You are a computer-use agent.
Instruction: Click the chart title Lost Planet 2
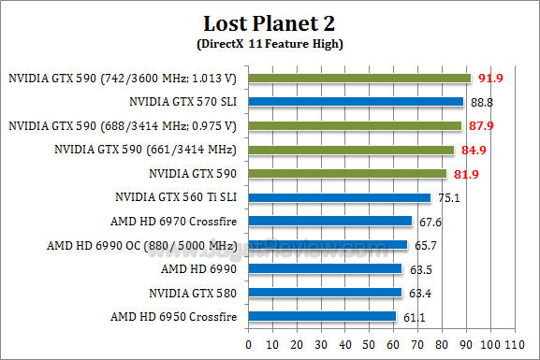[270, 22]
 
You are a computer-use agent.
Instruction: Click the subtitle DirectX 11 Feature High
[270, 44]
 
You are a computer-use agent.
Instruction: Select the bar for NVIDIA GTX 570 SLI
[356, 102]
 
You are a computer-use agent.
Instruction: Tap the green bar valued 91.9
[359, 79]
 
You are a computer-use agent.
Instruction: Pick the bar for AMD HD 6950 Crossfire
[322, 317]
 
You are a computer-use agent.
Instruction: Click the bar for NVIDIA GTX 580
[325, 293]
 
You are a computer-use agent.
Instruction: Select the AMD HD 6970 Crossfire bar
[330, 222]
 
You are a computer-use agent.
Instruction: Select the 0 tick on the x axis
[248, 343]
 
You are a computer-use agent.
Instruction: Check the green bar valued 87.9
[355, 126]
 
